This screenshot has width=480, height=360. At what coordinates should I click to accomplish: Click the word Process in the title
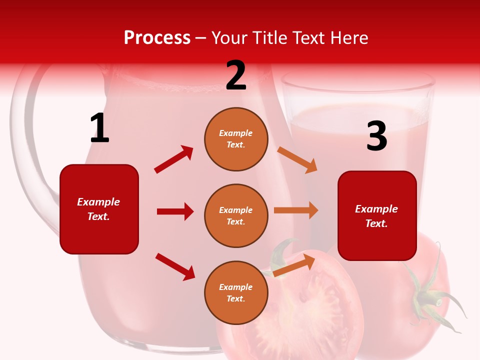tap(157, 38)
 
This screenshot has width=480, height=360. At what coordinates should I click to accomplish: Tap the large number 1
tap(99, 128)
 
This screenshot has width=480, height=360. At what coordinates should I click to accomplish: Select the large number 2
tap(236, 75)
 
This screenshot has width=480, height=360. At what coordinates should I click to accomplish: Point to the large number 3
tap(376, 136)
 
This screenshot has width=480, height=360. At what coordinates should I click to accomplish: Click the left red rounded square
tap(99, 209)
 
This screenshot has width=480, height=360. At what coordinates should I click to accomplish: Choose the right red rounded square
tap(377, 215)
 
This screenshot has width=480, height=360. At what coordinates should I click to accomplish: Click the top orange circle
tap(236, 139)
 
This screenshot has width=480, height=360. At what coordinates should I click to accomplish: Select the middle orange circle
tap(236, 215)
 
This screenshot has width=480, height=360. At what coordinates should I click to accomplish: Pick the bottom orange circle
tap(236, 292)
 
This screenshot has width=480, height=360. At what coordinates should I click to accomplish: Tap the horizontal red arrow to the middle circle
tap(175, 211)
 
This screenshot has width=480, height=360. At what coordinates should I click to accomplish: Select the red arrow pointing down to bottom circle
tap(175, 266)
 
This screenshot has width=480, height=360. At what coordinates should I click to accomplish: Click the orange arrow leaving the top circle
tap(297, 160)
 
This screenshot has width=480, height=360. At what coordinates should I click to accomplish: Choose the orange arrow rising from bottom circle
tap(294, 265)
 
